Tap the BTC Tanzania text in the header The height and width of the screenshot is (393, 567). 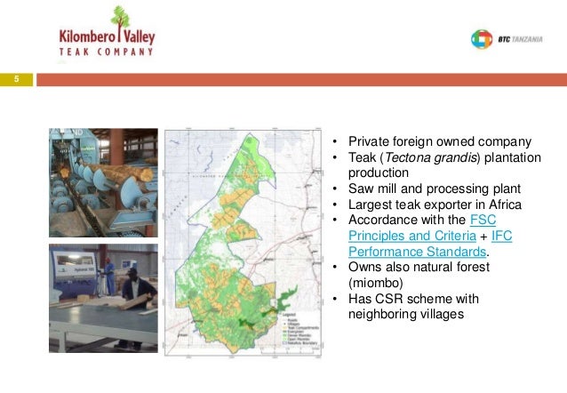coord(515,39)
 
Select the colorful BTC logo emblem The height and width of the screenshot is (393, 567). coord(480,39)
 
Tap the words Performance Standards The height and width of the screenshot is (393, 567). coord(387,251)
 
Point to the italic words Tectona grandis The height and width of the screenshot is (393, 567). coord(437,157)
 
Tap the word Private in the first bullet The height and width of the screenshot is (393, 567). coord(367,141)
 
